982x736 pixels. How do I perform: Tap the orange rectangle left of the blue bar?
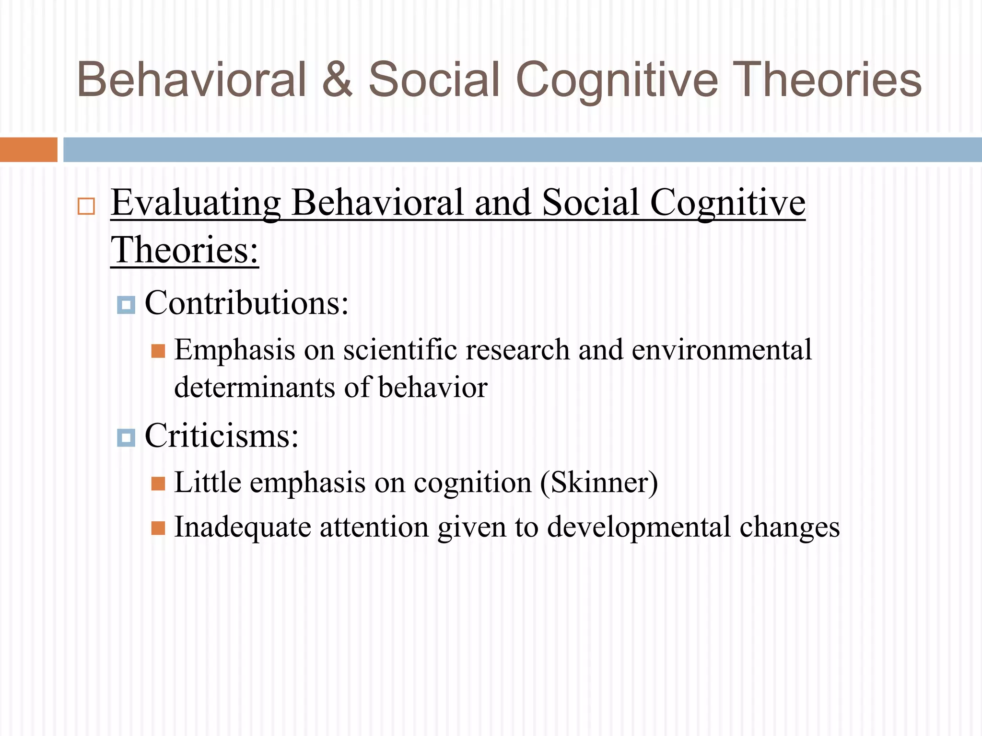coord(28,149)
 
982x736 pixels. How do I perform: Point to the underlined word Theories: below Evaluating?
coord(185,250)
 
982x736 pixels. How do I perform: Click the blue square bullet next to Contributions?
coord(126,305)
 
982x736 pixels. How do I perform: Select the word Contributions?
coord(246,303)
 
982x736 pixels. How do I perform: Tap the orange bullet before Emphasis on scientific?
coord(158,351)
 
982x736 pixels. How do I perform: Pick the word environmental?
coord(722,350)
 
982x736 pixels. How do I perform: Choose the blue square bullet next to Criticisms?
coord(126,437)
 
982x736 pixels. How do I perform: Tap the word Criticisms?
coord(222,436)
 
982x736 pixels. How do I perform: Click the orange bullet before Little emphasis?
coord(158,483)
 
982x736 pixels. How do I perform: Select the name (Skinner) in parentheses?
coord(599,483)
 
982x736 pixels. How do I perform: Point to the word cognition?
coord(472,483)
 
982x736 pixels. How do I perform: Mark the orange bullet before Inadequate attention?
coord(158,528)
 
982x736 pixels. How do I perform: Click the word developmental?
coord(639,528)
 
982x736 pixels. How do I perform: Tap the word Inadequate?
coord(243,527)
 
